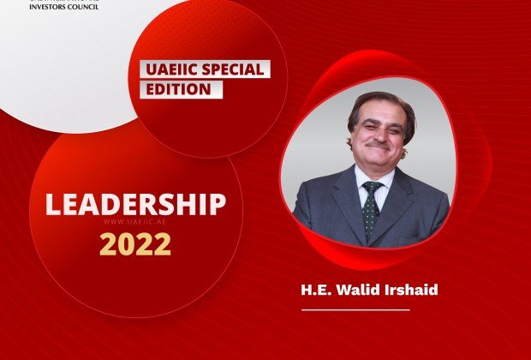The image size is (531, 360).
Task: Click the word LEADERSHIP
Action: coord(135,204)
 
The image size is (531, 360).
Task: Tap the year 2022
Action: coord(135,244)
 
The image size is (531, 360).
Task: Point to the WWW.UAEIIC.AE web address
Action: coord(134,222)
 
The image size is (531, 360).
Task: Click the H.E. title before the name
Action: coord(314,289)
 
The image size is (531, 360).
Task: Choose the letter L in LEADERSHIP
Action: coord(51,204)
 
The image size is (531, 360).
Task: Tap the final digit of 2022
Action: coord(163,244)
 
